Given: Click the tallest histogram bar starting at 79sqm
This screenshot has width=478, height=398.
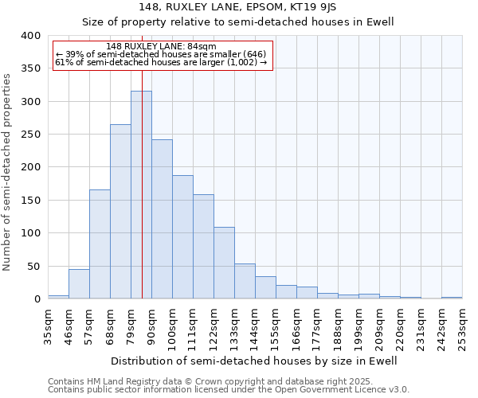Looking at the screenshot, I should coord(141,195).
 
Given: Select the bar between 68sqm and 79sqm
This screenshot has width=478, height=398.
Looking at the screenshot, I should coord(120,212).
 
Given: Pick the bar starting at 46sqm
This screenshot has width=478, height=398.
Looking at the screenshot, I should coord(79,284).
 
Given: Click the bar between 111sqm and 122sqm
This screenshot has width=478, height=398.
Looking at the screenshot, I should coord(203,247).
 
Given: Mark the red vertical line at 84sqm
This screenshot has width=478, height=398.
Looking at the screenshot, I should coord(142,159).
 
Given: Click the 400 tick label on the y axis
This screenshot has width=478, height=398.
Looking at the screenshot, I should coord(30,36).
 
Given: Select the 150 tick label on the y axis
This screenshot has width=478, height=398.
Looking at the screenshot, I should coord(30,201).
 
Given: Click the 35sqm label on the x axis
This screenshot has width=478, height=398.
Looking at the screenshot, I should coord(49,326).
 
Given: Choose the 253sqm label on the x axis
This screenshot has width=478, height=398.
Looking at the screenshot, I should coord(463,326).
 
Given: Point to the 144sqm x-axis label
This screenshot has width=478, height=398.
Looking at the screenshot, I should coord(256,326).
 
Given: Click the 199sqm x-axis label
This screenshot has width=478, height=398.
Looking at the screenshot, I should coord(359,326).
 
